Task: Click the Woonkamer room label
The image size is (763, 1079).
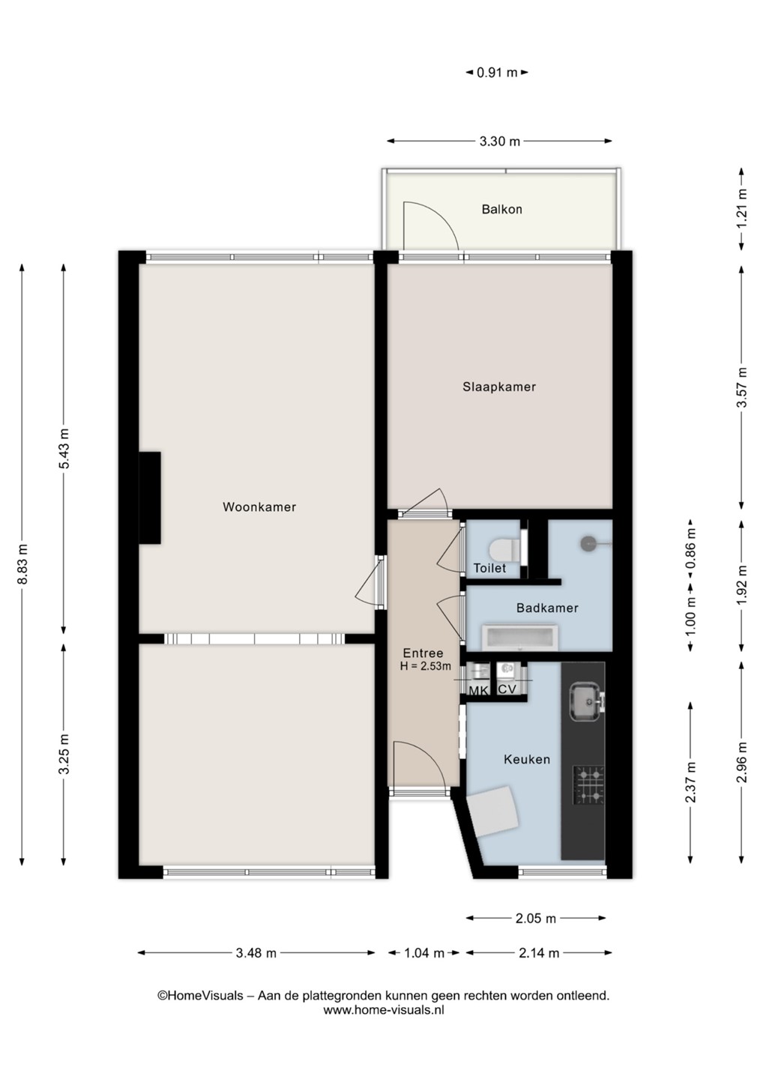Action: pyautogui.click(x=259, y=507)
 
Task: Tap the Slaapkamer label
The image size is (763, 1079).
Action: pyautogui.click(x=499, y=387)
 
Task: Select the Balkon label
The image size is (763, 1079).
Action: pyautogui.click(x=502, y=210)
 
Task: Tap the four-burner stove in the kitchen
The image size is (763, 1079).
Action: pyautogui.click(x=588, y=785)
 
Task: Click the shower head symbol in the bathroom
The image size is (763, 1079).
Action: pyautogui.click(x=588, y=544)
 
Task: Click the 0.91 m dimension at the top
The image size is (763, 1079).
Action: pyautogui.click(x=497, y=73)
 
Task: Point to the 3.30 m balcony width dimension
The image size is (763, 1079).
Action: pyautogui.click(x=500, y=141)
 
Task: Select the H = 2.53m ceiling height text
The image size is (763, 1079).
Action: pyautogui.click(x=425, y=667)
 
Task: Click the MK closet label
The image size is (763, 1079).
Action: pyautogui.click(x=478, y=691)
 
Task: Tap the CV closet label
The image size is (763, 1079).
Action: pyautogui.click(x=507, y=689)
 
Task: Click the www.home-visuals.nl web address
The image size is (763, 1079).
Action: pyautogui.click(x=384, y=1010)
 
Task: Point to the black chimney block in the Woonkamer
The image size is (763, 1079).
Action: pyautogui.click(x=150, y=498)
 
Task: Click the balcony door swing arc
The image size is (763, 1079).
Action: pyautogui.click(x=439, y=218)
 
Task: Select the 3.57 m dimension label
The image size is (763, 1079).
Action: pyautogui.click(x=741, y=387)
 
